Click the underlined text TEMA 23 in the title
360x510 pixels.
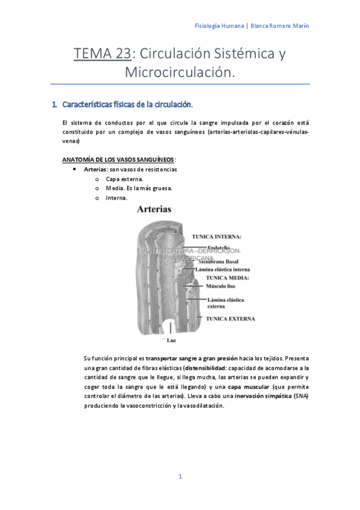pyautogui.click(x=102, y=54)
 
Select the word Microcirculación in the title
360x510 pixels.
pyautogui.click(x=178, y=72)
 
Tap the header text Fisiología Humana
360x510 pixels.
pyautogui.click(x=221, y=26)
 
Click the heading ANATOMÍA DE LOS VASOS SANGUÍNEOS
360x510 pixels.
pyautogui.click(x=118, y=159)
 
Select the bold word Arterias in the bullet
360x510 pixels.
pyautogui.click(x=95, y=170)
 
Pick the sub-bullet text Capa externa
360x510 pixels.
pyautogui.click(x=124, y=179)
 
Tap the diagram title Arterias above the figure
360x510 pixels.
pyautogui.click(x=154, y=209)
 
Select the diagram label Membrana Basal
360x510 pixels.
pyautogui.click(x=221, y=262)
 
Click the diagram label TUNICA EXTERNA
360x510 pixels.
pyautogui.click(x=230, y=318)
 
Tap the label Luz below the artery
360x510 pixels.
pyautogui.click(x=171, y=341)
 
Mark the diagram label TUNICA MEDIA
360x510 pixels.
pyautogui.click(x=227, y=278)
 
